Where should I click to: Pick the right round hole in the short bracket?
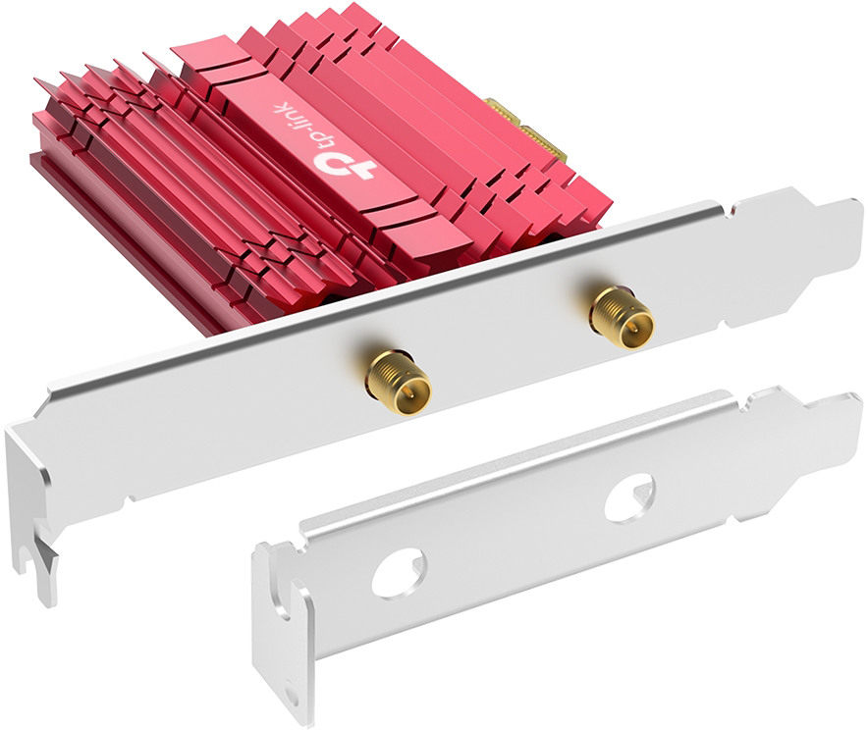[x=627, y=497]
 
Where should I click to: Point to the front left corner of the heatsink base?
[x=44, y=172]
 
